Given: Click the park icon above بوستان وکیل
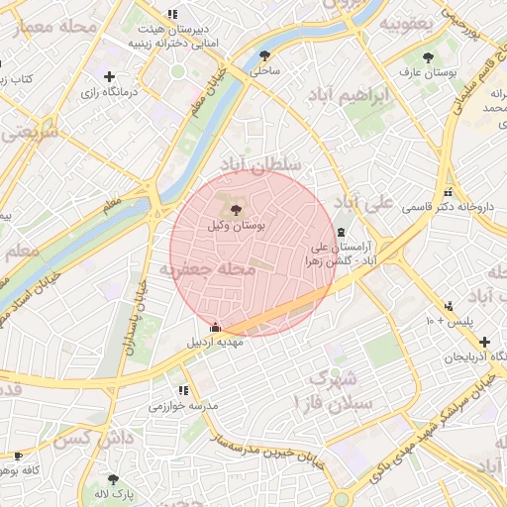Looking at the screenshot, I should point(235,208).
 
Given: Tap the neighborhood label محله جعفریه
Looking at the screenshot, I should point(202,268).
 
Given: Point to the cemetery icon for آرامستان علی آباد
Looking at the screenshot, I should point(342,231).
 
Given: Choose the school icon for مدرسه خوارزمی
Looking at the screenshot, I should point(183,390).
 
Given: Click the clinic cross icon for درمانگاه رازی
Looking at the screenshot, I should point(109,76).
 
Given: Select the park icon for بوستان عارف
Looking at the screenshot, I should point(428,57).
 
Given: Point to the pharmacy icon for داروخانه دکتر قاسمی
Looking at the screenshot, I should point(449,192).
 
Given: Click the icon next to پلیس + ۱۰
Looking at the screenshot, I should point(450,306).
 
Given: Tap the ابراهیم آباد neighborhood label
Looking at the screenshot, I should point(377,99).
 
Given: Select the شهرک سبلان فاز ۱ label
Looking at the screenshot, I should point(330,390).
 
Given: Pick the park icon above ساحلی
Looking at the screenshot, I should point(264,55).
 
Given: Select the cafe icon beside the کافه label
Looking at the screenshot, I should point(17,456).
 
